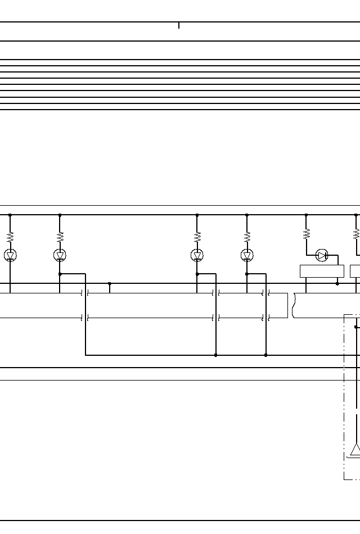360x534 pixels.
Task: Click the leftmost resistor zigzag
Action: [x=10, y=237]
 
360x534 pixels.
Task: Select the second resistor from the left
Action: [x=60, y=237]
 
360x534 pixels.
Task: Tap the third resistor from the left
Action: [x=197, y=237]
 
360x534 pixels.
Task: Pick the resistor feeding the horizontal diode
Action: [x=306, y=233]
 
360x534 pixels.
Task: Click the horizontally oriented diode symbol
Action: [x=322, y=255]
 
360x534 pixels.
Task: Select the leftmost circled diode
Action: [x=10, y=255]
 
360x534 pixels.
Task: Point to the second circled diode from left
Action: [x=60, y=255]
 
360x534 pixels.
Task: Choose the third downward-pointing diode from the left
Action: [x=197, y=255]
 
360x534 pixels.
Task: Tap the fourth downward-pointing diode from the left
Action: [x=246, y=255]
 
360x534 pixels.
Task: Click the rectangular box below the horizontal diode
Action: [x=322, y=271]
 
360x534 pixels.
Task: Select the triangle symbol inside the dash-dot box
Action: [x=355, y=465]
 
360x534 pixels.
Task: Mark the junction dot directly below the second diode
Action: [x=60, y=274]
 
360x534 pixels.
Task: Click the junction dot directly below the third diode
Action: [x=197, y=274]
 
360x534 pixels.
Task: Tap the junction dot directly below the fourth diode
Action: [x=246, y=274]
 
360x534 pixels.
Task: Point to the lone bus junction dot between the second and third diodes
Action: [x=109, y=284]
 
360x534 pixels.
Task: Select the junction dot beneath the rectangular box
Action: [x=337, y=284]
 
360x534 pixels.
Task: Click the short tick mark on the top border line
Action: [x=179, y=25]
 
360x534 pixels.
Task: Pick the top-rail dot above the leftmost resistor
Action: [x=10, y=215]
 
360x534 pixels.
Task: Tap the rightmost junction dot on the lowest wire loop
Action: [x=266, y=355]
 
